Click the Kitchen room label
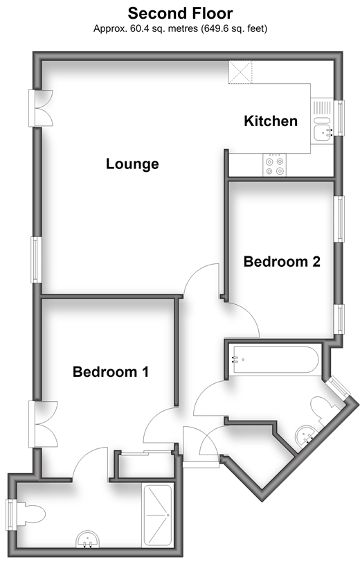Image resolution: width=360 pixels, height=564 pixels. click(271, 121)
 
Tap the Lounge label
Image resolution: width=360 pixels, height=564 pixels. click(132, 164)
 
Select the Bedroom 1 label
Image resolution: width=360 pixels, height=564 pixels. click(111, 371)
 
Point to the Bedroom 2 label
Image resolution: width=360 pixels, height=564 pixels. click(282, 261)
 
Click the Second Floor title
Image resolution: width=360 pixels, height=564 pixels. click(181, 13)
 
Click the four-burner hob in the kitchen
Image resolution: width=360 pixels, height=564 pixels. click(274, 165)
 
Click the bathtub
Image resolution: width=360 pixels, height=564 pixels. click(275, 360)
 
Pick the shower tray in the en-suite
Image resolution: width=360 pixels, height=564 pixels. click(157, 515)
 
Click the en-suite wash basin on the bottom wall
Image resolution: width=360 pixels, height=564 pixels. click(88, 539)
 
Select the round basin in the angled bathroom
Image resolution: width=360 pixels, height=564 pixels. click(306, 435)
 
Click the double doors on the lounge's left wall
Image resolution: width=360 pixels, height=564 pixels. click(41, 108)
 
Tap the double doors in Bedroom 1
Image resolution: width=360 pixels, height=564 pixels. click(43, 424)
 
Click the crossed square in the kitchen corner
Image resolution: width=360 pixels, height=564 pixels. click(240, 72)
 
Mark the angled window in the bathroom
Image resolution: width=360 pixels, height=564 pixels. click(337, 387)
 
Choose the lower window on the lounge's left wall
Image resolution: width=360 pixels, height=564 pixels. click(36, 259)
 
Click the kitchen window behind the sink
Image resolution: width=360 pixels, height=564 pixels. click(339, 118)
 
